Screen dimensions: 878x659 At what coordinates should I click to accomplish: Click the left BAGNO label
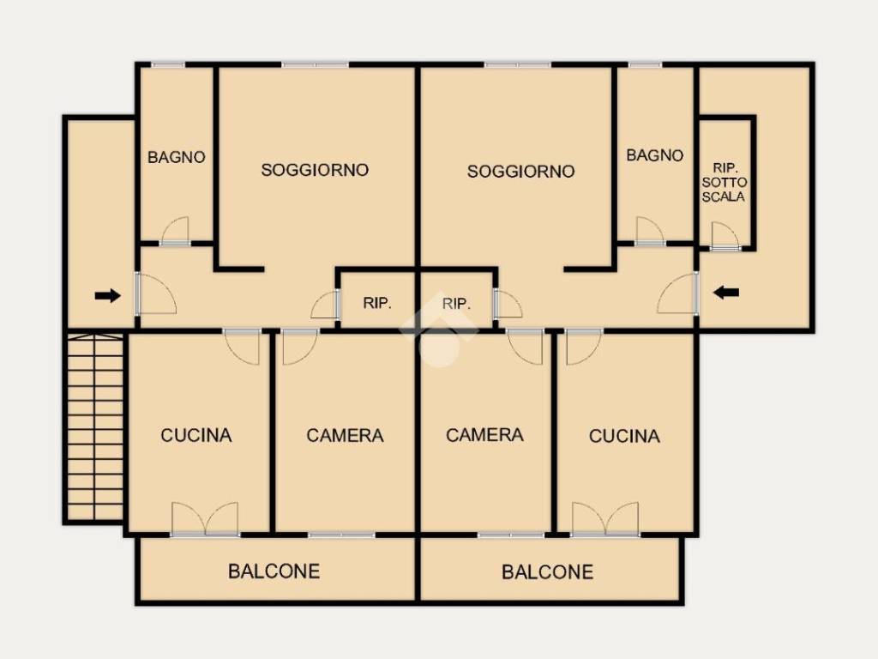(x=177, y=158)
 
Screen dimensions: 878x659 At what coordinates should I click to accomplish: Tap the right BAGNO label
(x=654, y=155)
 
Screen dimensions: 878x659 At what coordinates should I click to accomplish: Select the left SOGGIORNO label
(x=315, y=170)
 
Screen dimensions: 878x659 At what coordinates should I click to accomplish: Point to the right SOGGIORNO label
(x=520, y=172)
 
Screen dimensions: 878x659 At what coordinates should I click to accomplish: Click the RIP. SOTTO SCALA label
(x=724, y=182)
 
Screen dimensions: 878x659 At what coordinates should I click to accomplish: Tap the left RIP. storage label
(x=377, y=303)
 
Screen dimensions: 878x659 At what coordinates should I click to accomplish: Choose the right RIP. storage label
(x=456, y=304)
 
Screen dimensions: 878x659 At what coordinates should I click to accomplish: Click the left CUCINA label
(x=196, y=435)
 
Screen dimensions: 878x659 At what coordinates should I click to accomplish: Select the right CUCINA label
(x=624, y=436)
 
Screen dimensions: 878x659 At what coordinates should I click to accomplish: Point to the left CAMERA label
(x=345, y=435)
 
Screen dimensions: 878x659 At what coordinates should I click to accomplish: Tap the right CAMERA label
(x=485, y=435)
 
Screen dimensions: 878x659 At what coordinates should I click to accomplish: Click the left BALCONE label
(x=274, y=571)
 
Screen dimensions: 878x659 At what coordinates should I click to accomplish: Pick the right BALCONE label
(x=548, y=572)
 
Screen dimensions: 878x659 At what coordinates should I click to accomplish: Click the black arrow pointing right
(x=107, y=295)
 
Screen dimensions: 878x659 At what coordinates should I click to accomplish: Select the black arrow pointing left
(x=726, y=292)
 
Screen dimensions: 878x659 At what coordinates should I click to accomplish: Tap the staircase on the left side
(x=95, y=427)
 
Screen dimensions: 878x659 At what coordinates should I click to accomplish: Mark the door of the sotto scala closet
(x=725, y=236)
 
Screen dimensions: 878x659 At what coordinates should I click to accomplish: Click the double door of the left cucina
(x=205, y=519)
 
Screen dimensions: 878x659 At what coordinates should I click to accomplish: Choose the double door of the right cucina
(x=605, y=519)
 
